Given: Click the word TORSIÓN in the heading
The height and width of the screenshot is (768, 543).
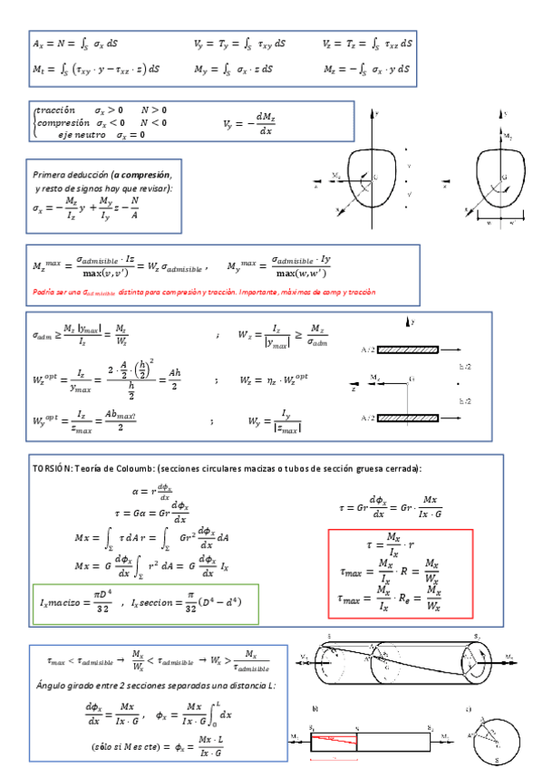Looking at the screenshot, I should (x=51, y=468).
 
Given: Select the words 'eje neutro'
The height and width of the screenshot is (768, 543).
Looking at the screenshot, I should (x=76, y=135).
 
